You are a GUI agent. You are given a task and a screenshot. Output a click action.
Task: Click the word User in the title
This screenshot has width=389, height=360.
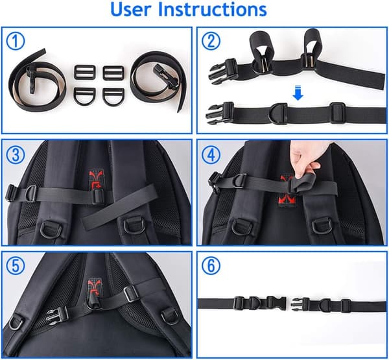tap(131, 10)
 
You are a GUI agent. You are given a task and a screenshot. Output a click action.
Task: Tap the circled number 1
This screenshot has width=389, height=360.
tap(16, 41)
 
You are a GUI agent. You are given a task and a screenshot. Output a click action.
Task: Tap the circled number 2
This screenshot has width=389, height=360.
tap(211, 41)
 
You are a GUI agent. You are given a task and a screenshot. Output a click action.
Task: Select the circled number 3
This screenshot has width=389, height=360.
tap(16, 155)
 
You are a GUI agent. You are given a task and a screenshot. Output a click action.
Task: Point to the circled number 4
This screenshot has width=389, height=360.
tap(211, 155)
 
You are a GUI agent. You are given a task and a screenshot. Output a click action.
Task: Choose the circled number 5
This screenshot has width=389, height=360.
tap(16, 266)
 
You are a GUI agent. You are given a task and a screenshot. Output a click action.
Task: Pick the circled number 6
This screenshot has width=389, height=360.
tap(211, 266)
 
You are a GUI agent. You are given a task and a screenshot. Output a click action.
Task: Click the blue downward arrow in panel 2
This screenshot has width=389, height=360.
tap(298, 93)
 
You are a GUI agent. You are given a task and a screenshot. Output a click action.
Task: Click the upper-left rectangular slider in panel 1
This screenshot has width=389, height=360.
tap(85, 72)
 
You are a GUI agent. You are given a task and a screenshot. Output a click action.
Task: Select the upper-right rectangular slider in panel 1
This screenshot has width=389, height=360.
tap(113, 73)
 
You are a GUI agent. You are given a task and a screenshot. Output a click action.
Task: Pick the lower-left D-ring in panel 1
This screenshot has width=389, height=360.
tap(84, 97)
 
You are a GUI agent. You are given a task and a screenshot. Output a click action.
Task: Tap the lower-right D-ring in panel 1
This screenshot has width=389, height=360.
tap(113, 97)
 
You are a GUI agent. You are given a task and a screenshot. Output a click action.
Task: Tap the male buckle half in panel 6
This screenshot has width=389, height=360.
tap(301, 305)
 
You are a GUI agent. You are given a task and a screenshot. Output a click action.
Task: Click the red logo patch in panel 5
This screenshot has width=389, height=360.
tap(94, 286)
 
